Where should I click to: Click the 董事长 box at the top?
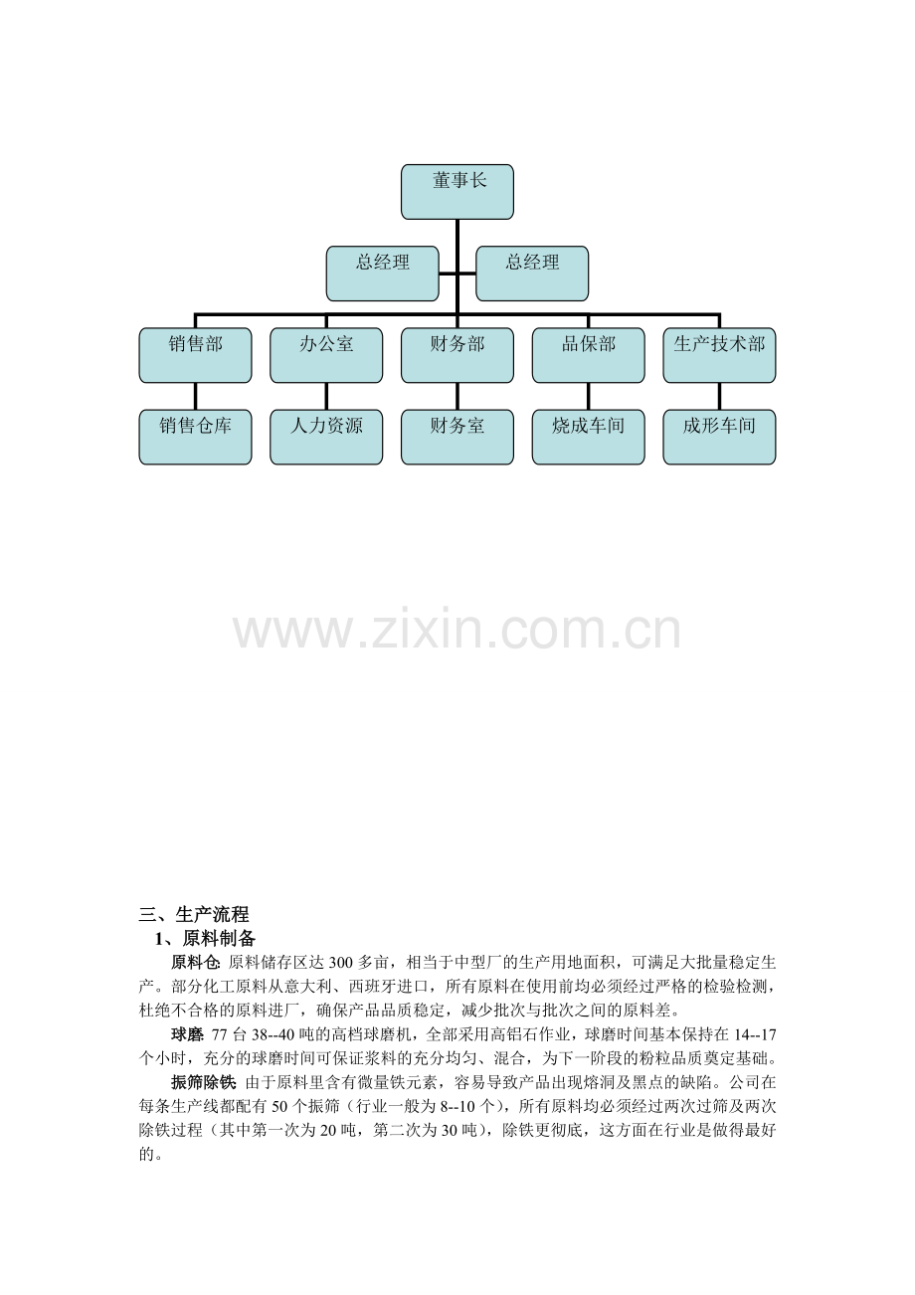pyautogui.click(x=457, y=192)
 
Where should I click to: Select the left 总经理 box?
pyautogui.click(x=382, y=274)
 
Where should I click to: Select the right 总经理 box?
pyautogui.click(x=532, y=274)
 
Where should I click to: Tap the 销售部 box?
pyautogui.click(x=195, y=355)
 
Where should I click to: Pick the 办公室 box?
pyautogui.click(x=326, y=355)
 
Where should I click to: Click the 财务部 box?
pyautogui.click(x=457, y=355)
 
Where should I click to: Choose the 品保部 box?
pyautogui.click(x=589, y=355)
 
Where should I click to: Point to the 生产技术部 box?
pyautogui.click(x=720, y=355)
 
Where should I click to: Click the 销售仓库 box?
pyautogui.click(x=195, y=437)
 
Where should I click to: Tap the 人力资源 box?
pyautogui.click(x=326, y=437)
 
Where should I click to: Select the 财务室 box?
pyautogui.click(x=457, y=437)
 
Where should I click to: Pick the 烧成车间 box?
pyautogui.click(x=589, y=437)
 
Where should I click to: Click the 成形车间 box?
pyautogui.click(x=720, y=437)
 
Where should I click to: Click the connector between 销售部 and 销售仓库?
pyautogui.click(x=195, y=397)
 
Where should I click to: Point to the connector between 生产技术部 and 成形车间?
pyautogui.click(x=720, y=397)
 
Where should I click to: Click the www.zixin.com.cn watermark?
pyautogui.click(x=457, y=631)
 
